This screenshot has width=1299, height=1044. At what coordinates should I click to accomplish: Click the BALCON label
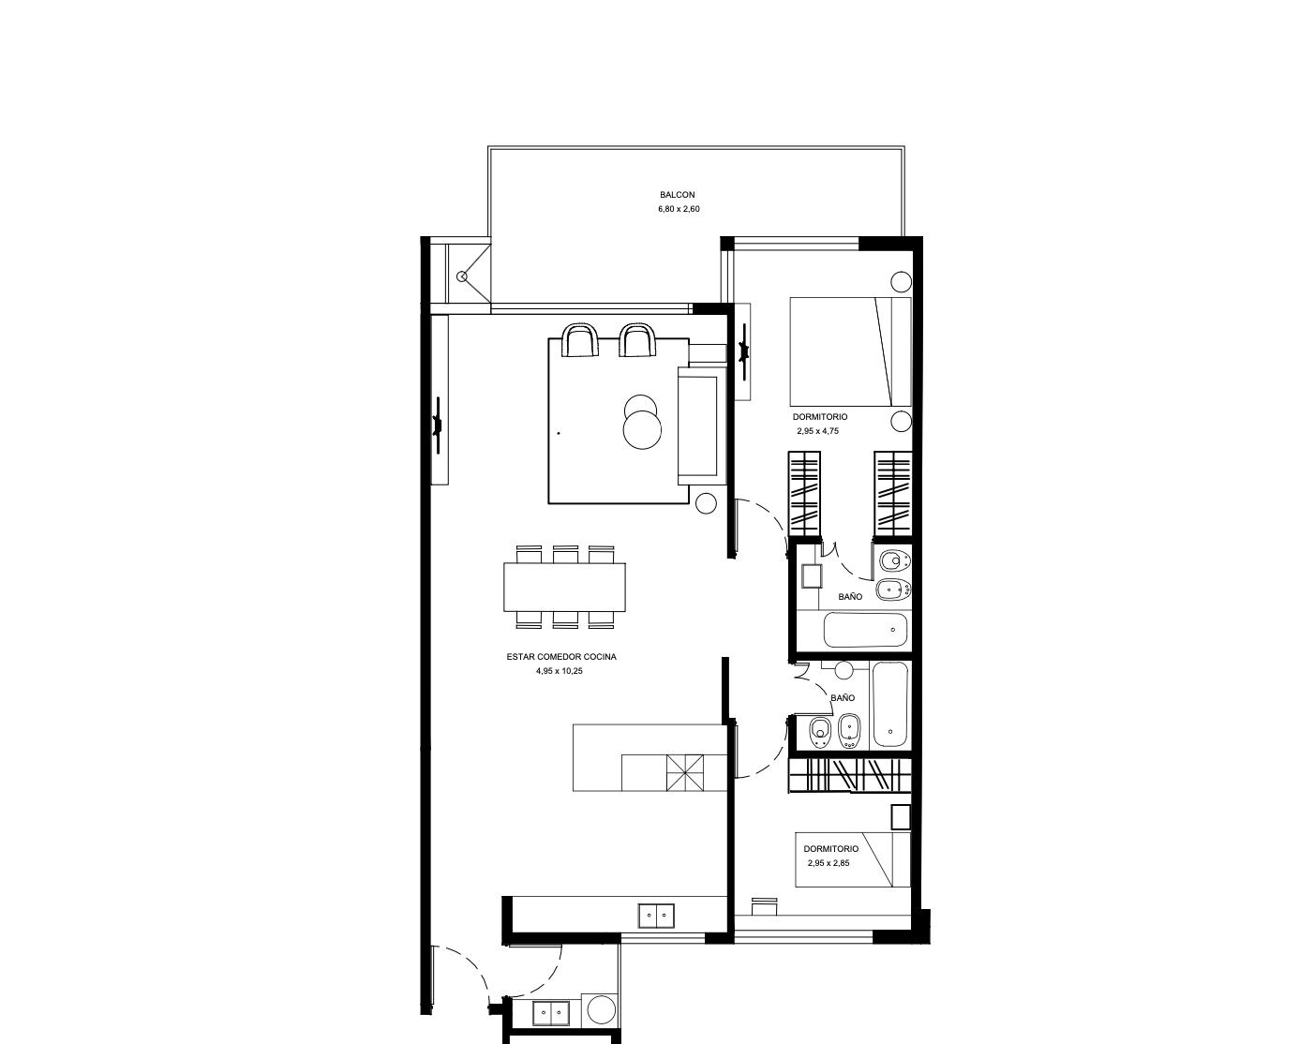678,195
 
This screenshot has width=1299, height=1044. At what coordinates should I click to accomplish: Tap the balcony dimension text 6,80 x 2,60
679,210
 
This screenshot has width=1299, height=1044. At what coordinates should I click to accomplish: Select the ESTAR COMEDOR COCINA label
561,657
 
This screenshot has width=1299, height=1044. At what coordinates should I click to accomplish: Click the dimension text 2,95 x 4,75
818,431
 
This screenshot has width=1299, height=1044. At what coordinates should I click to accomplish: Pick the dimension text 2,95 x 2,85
829,863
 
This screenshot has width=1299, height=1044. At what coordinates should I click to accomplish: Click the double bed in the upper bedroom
850,351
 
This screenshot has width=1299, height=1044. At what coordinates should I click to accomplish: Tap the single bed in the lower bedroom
853,859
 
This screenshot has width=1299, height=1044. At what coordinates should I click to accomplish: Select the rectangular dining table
565,587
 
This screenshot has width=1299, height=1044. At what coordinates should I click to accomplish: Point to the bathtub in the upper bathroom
866,631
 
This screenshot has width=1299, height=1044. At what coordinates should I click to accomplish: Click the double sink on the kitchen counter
656,916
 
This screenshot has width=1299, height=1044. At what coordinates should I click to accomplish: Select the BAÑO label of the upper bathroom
850,597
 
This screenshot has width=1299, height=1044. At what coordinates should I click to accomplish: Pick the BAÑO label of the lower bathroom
843,698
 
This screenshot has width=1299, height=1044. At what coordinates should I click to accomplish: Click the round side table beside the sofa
707,503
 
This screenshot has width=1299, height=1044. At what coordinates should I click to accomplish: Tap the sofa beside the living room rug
702,425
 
